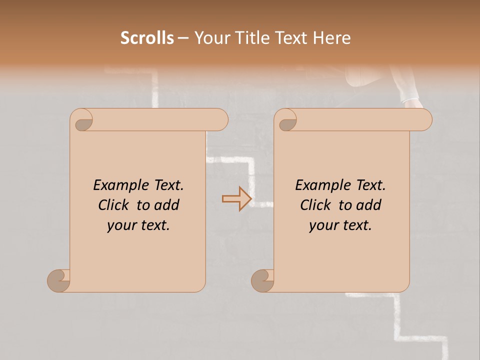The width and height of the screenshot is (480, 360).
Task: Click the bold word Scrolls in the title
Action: click(147, 37)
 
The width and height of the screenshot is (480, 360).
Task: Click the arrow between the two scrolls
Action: click(236, 199)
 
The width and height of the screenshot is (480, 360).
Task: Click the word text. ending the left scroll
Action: click(154, 225)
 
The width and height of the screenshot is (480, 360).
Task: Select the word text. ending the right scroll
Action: click(356, 225)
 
